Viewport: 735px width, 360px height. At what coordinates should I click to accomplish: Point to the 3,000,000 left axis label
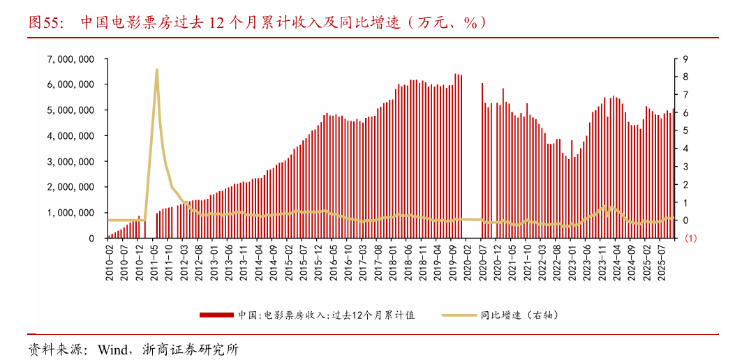tap(70, 161)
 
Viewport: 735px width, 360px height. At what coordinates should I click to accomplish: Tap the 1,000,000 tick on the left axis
tap(70, 213)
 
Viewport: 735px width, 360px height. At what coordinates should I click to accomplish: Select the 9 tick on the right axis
tap(686, 59)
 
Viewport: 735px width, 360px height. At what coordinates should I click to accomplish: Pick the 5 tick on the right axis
tap(686, 130)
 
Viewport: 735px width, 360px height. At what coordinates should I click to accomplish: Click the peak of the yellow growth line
tap(156, 69)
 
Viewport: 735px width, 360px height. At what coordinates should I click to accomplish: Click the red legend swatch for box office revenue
tap(217, 315)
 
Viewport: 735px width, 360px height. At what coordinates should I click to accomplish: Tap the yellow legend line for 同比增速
tap(459, 315)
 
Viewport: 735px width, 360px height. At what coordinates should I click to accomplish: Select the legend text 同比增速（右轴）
tap(519, 315)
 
